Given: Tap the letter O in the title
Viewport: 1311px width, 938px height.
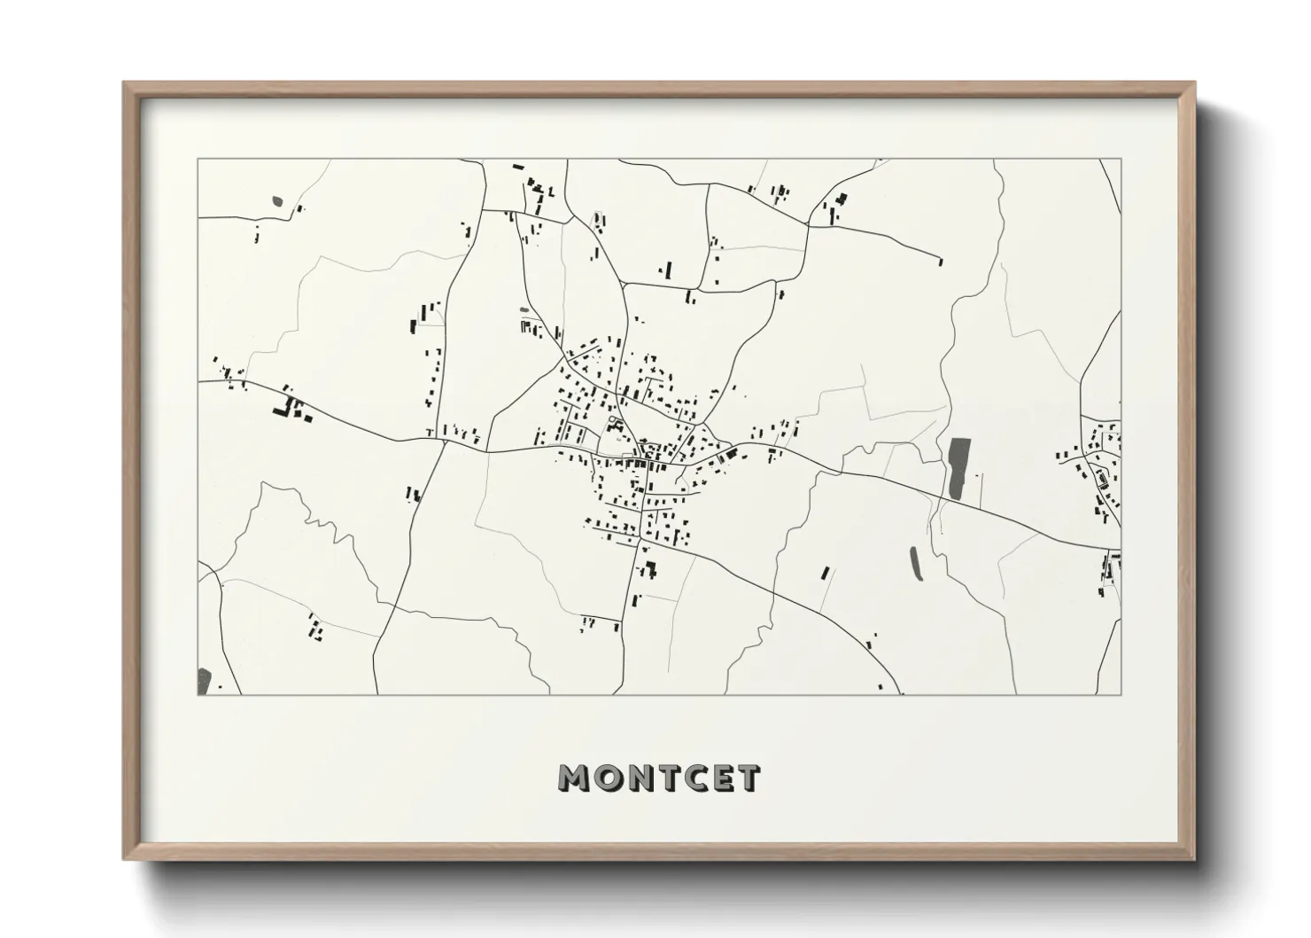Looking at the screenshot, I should click(x=606, y=778).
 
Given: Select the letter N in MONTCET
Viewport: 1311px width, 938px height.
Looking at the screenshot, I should click(x=636, y=778).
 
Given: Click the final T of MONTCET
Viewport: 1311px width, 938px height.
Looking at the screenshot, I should click(x=747, y=778).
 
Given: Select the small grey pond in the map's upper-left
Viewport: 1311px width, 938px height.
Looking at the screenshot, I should click(x=277, y=201).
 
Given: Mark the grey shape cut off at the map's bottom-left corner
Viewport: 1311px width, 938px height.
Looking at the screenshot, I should click(x=205, y=681).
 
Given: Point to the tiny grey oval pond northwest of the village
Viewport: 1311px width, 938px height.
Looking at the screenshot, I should click(x=524, y=309).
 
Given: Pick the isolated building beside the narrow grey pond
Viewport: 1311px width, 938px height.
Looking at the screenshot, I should click(x=826, y=573).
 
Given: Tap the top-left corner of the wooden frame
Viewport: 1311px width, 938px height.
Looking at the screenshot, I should click(x=125, y=84).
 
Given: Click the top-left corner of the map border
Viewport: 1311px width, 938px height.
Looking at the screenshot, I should click(x=198, y=160).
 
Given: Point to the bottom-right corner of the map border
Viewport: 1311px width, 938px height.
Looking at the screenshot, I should click(x=1121, y=694).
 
